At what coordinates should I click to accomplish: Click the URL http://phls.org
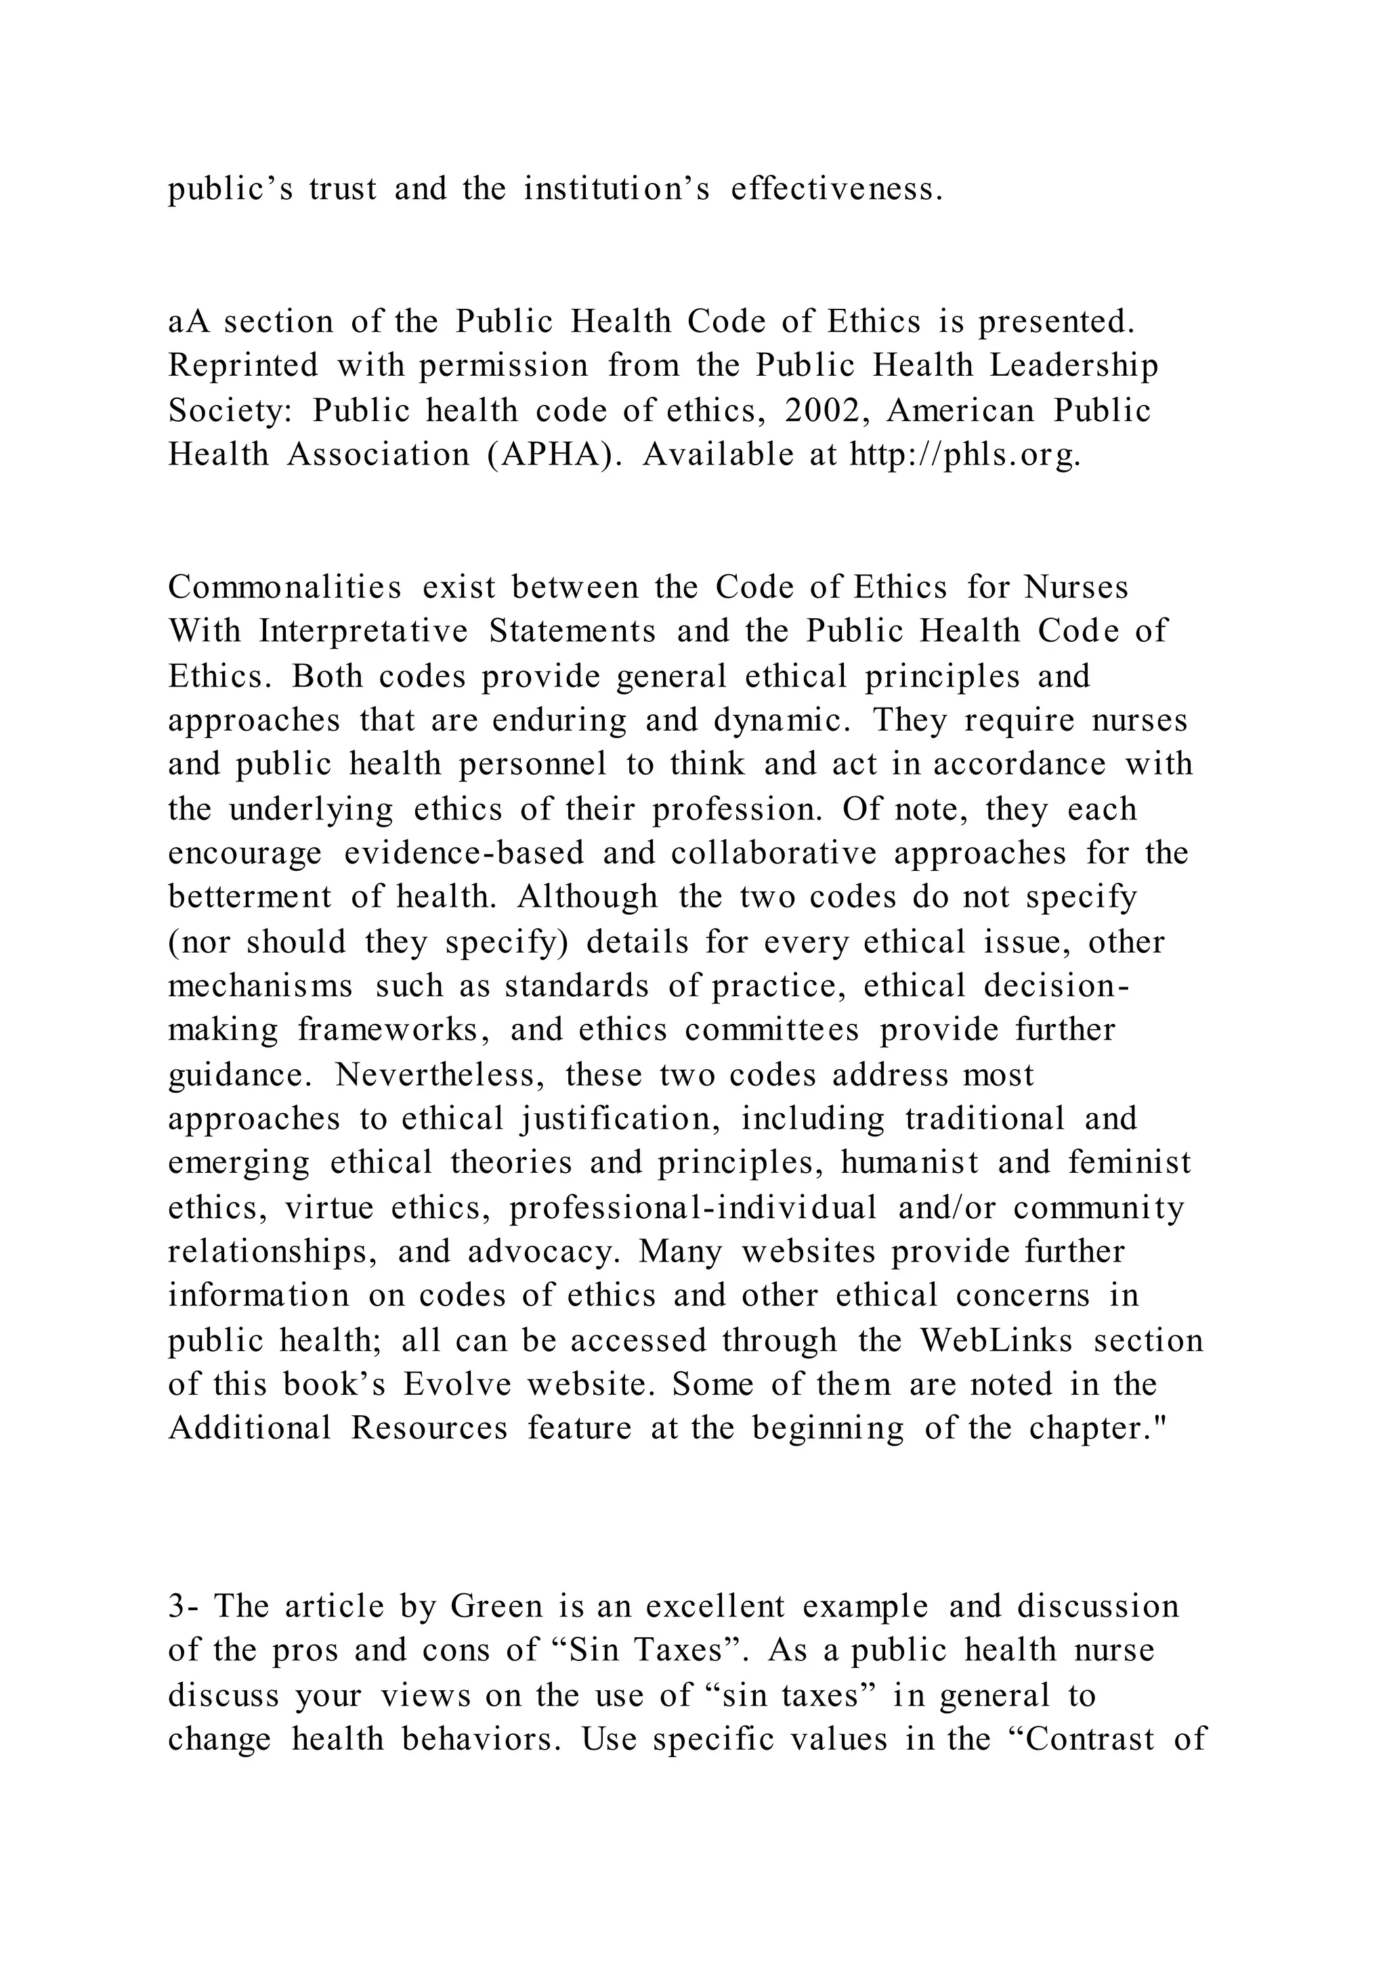[x=965, y=455]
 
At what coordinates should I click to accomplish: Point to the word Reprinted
[x=242, y=366]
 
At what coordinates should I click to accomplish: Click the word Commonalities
[x=284, y=588]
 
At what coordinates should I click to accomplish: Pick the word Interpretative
[x=364, y=632]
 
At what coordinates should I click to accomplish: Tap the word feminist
[x=1129, y=1163]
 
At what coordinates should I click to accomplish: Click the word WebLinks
[x=996, y=1341]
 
